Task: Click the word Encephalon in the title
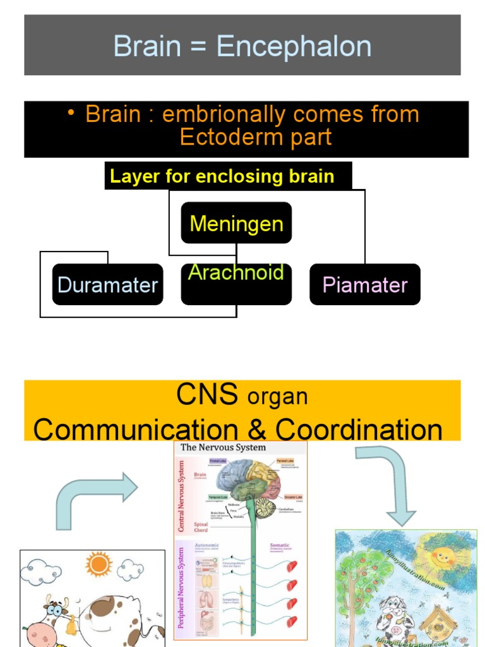(x=294, y=47)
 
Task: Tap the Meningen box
(x=236, y=223)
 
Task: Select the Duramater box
(x=107, y=284)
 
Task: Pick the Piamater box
(x=364, y=284)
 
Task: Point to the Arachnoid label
(x=236, y=273)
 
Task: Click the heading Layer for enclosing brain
(x=222, y=176)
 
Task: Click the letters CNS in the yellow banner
(x=207, y=395)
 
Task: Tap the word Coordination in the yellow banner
(x=359, y=430)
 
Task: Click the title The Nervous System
(x=223, y=447)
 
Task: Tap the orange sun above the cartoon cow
(x=99, y=564)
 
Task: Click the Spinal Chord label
(x=200, y=526)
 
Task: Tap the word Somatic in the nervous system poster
(x=280, y=545)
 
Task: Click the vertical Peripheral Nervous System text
(x=181, y=587)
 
